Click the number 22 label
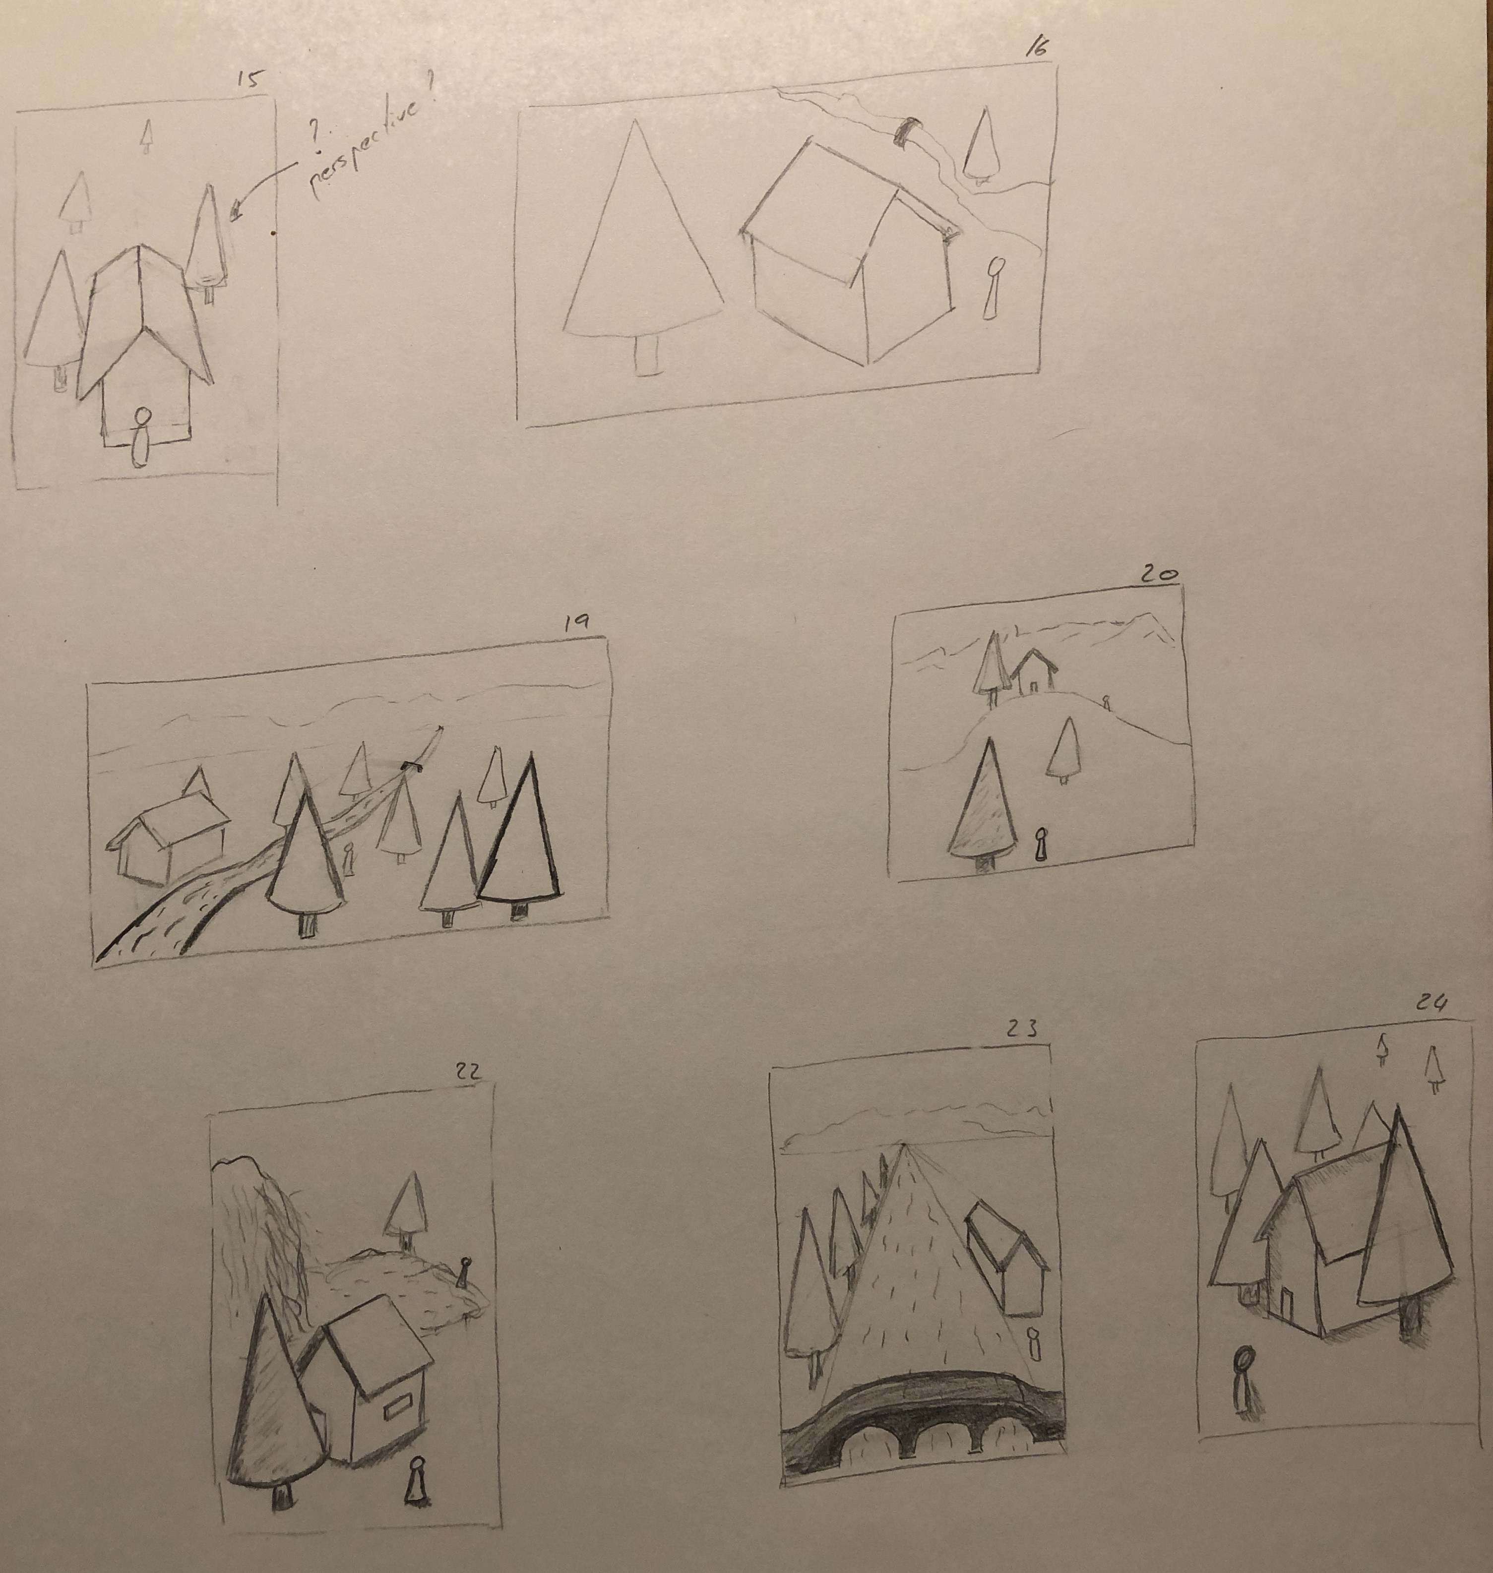pos(467,1073)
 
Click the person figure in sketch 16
pos(993,287)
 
